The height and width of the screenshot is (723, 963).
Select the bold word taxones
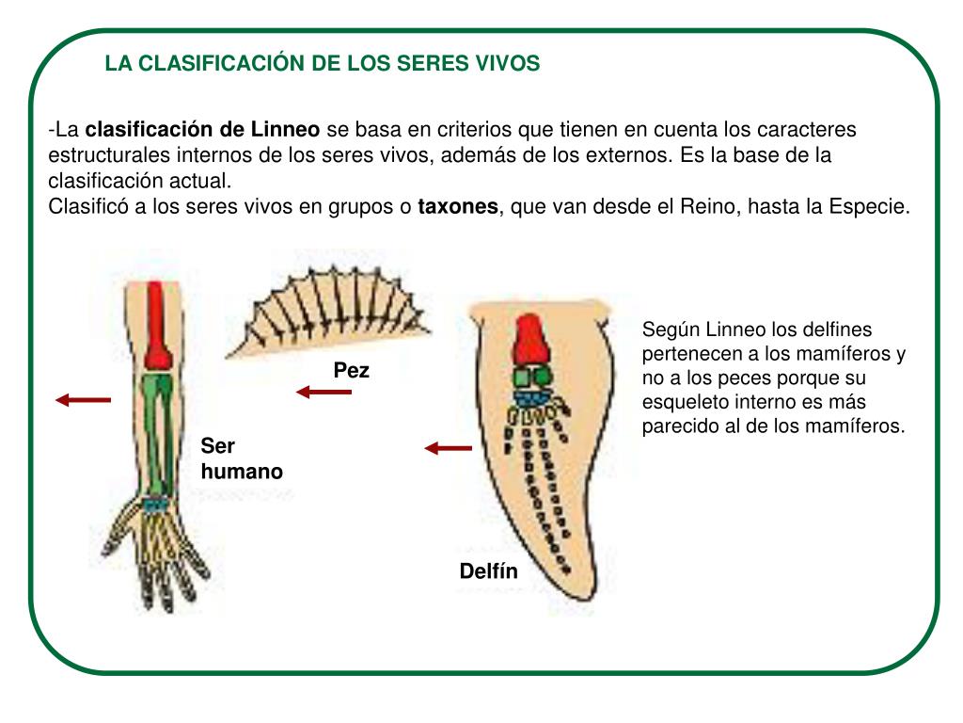[457, 207]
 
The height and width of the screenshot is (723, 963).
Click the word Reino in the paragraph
[706, 207]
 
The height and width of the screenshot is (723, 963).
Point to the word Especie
[867, 207]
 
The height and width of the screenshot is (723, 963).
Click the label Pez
[352, 371]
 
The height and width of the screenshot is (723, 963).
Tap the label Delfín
[488, 571]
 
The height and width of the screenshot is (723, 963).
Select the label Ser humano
[241, 459]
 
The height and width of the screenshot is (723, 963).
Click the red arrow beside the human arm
[83, 400]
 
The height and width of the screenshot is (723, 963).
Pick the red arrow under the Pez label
[324, 392]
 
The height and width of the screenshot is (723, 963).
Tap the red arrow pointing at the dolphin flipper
[448, 449]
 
